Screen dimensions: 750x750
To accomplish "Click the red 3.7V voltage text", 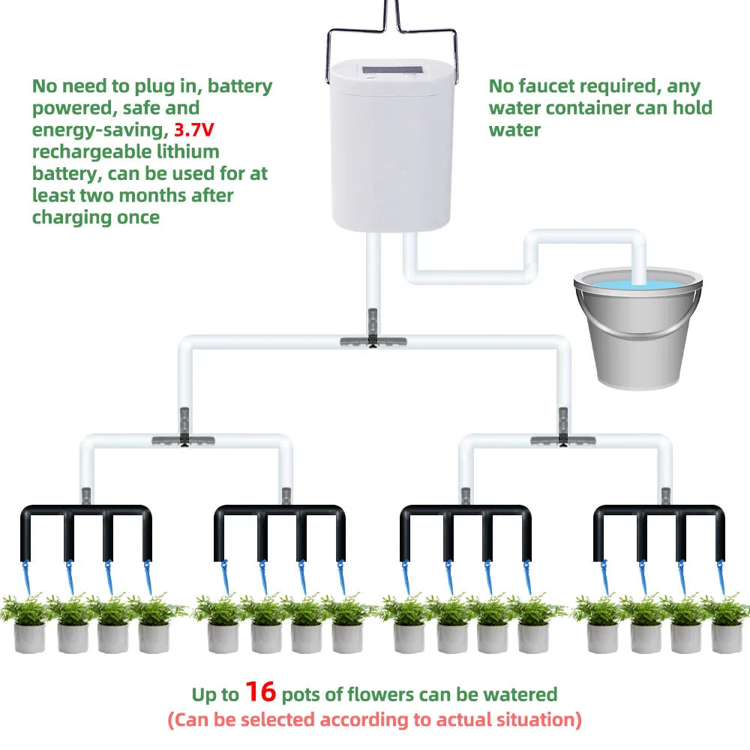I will pos(194,130).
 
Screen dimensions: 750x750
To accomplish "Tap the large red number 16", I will pos(261,692).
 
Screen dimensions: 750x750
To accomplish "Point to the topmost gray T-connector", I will pos(373,340).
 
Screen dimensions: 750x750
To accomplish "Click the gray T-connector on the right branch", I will pos(563,439).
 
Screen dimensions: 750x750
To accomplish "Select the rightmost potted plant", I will pos(725,622).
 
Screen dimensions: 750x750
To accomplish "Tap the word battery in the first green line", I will pos(239,86).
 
